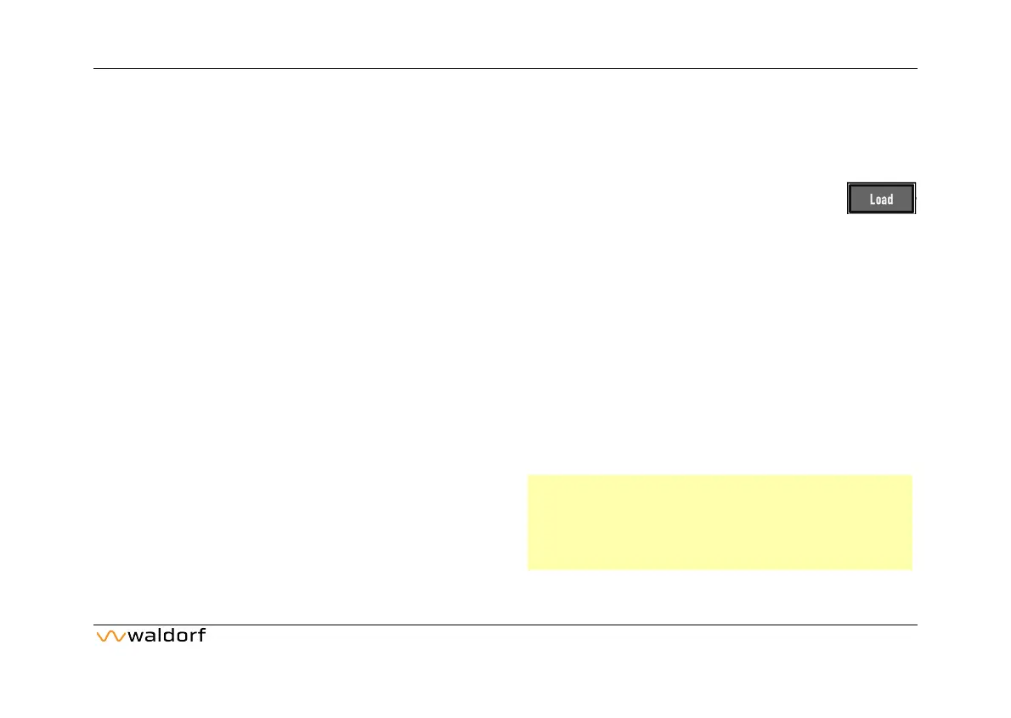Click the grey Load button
pos(882,199)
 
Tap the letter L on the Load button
pos(873,200)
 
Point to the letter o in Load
pos(878,201)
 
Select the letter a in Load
pos(884,201)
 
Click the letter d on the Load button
pos(890,200)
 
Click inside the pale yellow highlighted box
pos(719,522)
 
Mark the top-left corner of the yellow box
pos(528,476)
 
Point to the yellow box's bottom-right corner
pos(911,568)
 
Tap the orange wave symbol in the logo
pos(110,636)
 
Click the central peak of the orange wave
pos(110,632)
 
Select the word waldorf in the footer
pos(166,636)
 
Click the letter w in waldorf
pos(133,637)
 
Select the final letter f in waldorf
pos(201,636)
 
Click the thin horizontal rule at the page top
pos(505,68)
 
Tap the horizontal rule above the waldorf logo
pos(505,625)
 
